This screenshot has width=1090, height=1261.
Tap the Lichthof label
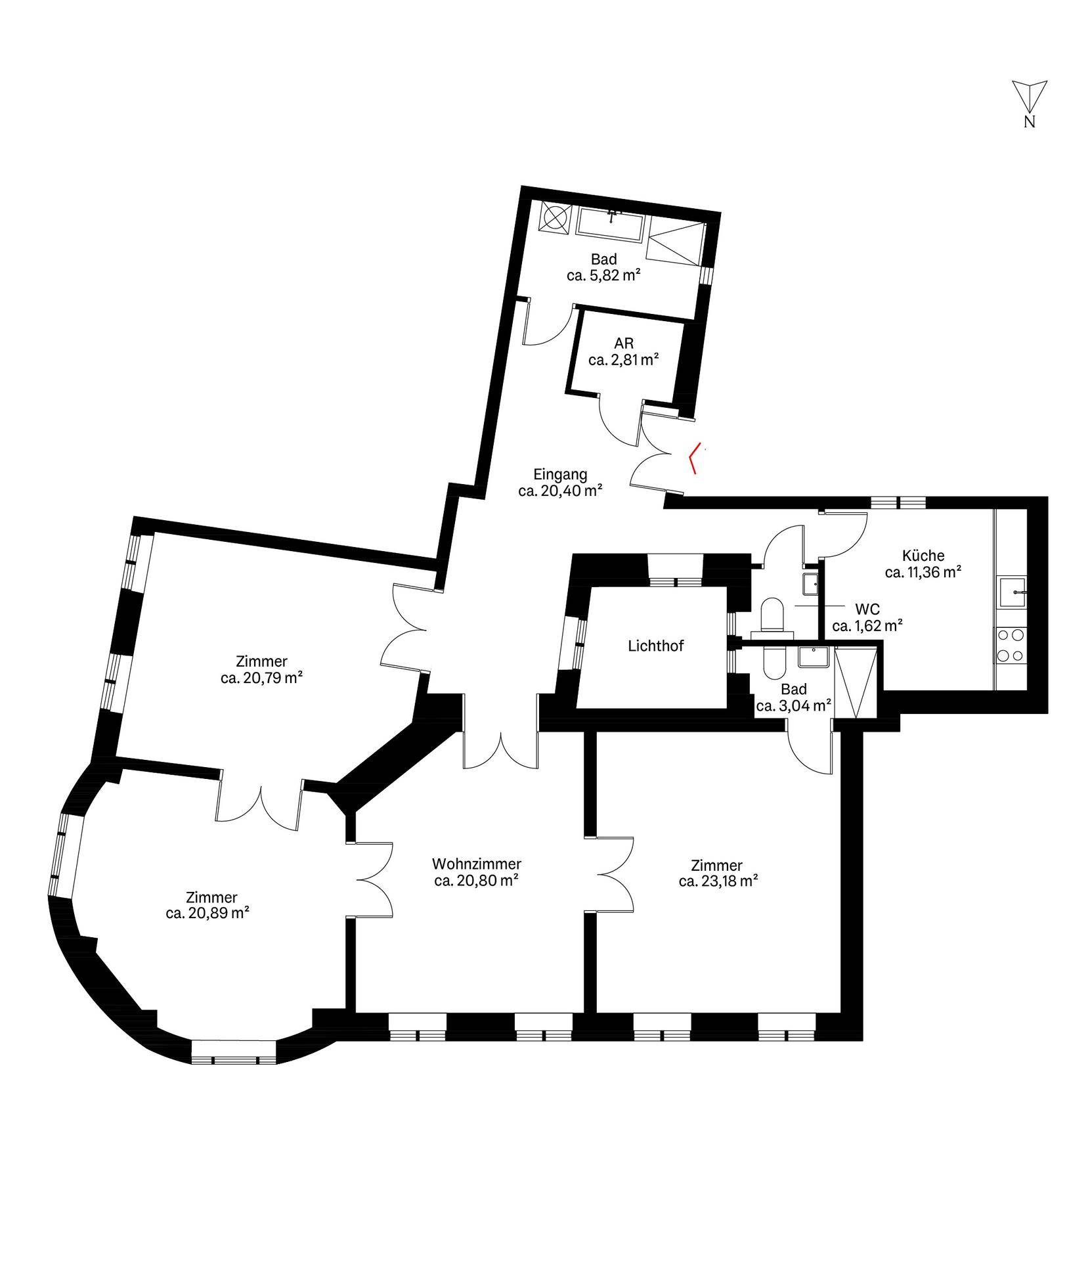click(x=655, y=646)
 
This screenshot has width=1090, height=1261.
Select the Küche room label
click(x=923, y=555)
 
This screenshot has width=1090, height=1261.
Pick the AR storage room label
click(x=624, y=343)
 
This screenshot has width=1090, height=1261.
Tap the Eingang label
click(x=560, y=474)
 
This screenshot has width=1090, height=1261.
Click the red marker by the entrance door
click(x=695, y=458)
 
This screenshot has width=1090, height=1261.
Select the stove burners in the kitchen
click(x=1010, y=645)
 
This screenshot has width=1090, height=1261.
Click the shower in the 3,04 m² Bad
click(x=856, y=682)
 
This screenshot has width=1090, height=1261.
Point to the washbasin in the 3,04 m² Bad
click(x=814, y=657)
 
